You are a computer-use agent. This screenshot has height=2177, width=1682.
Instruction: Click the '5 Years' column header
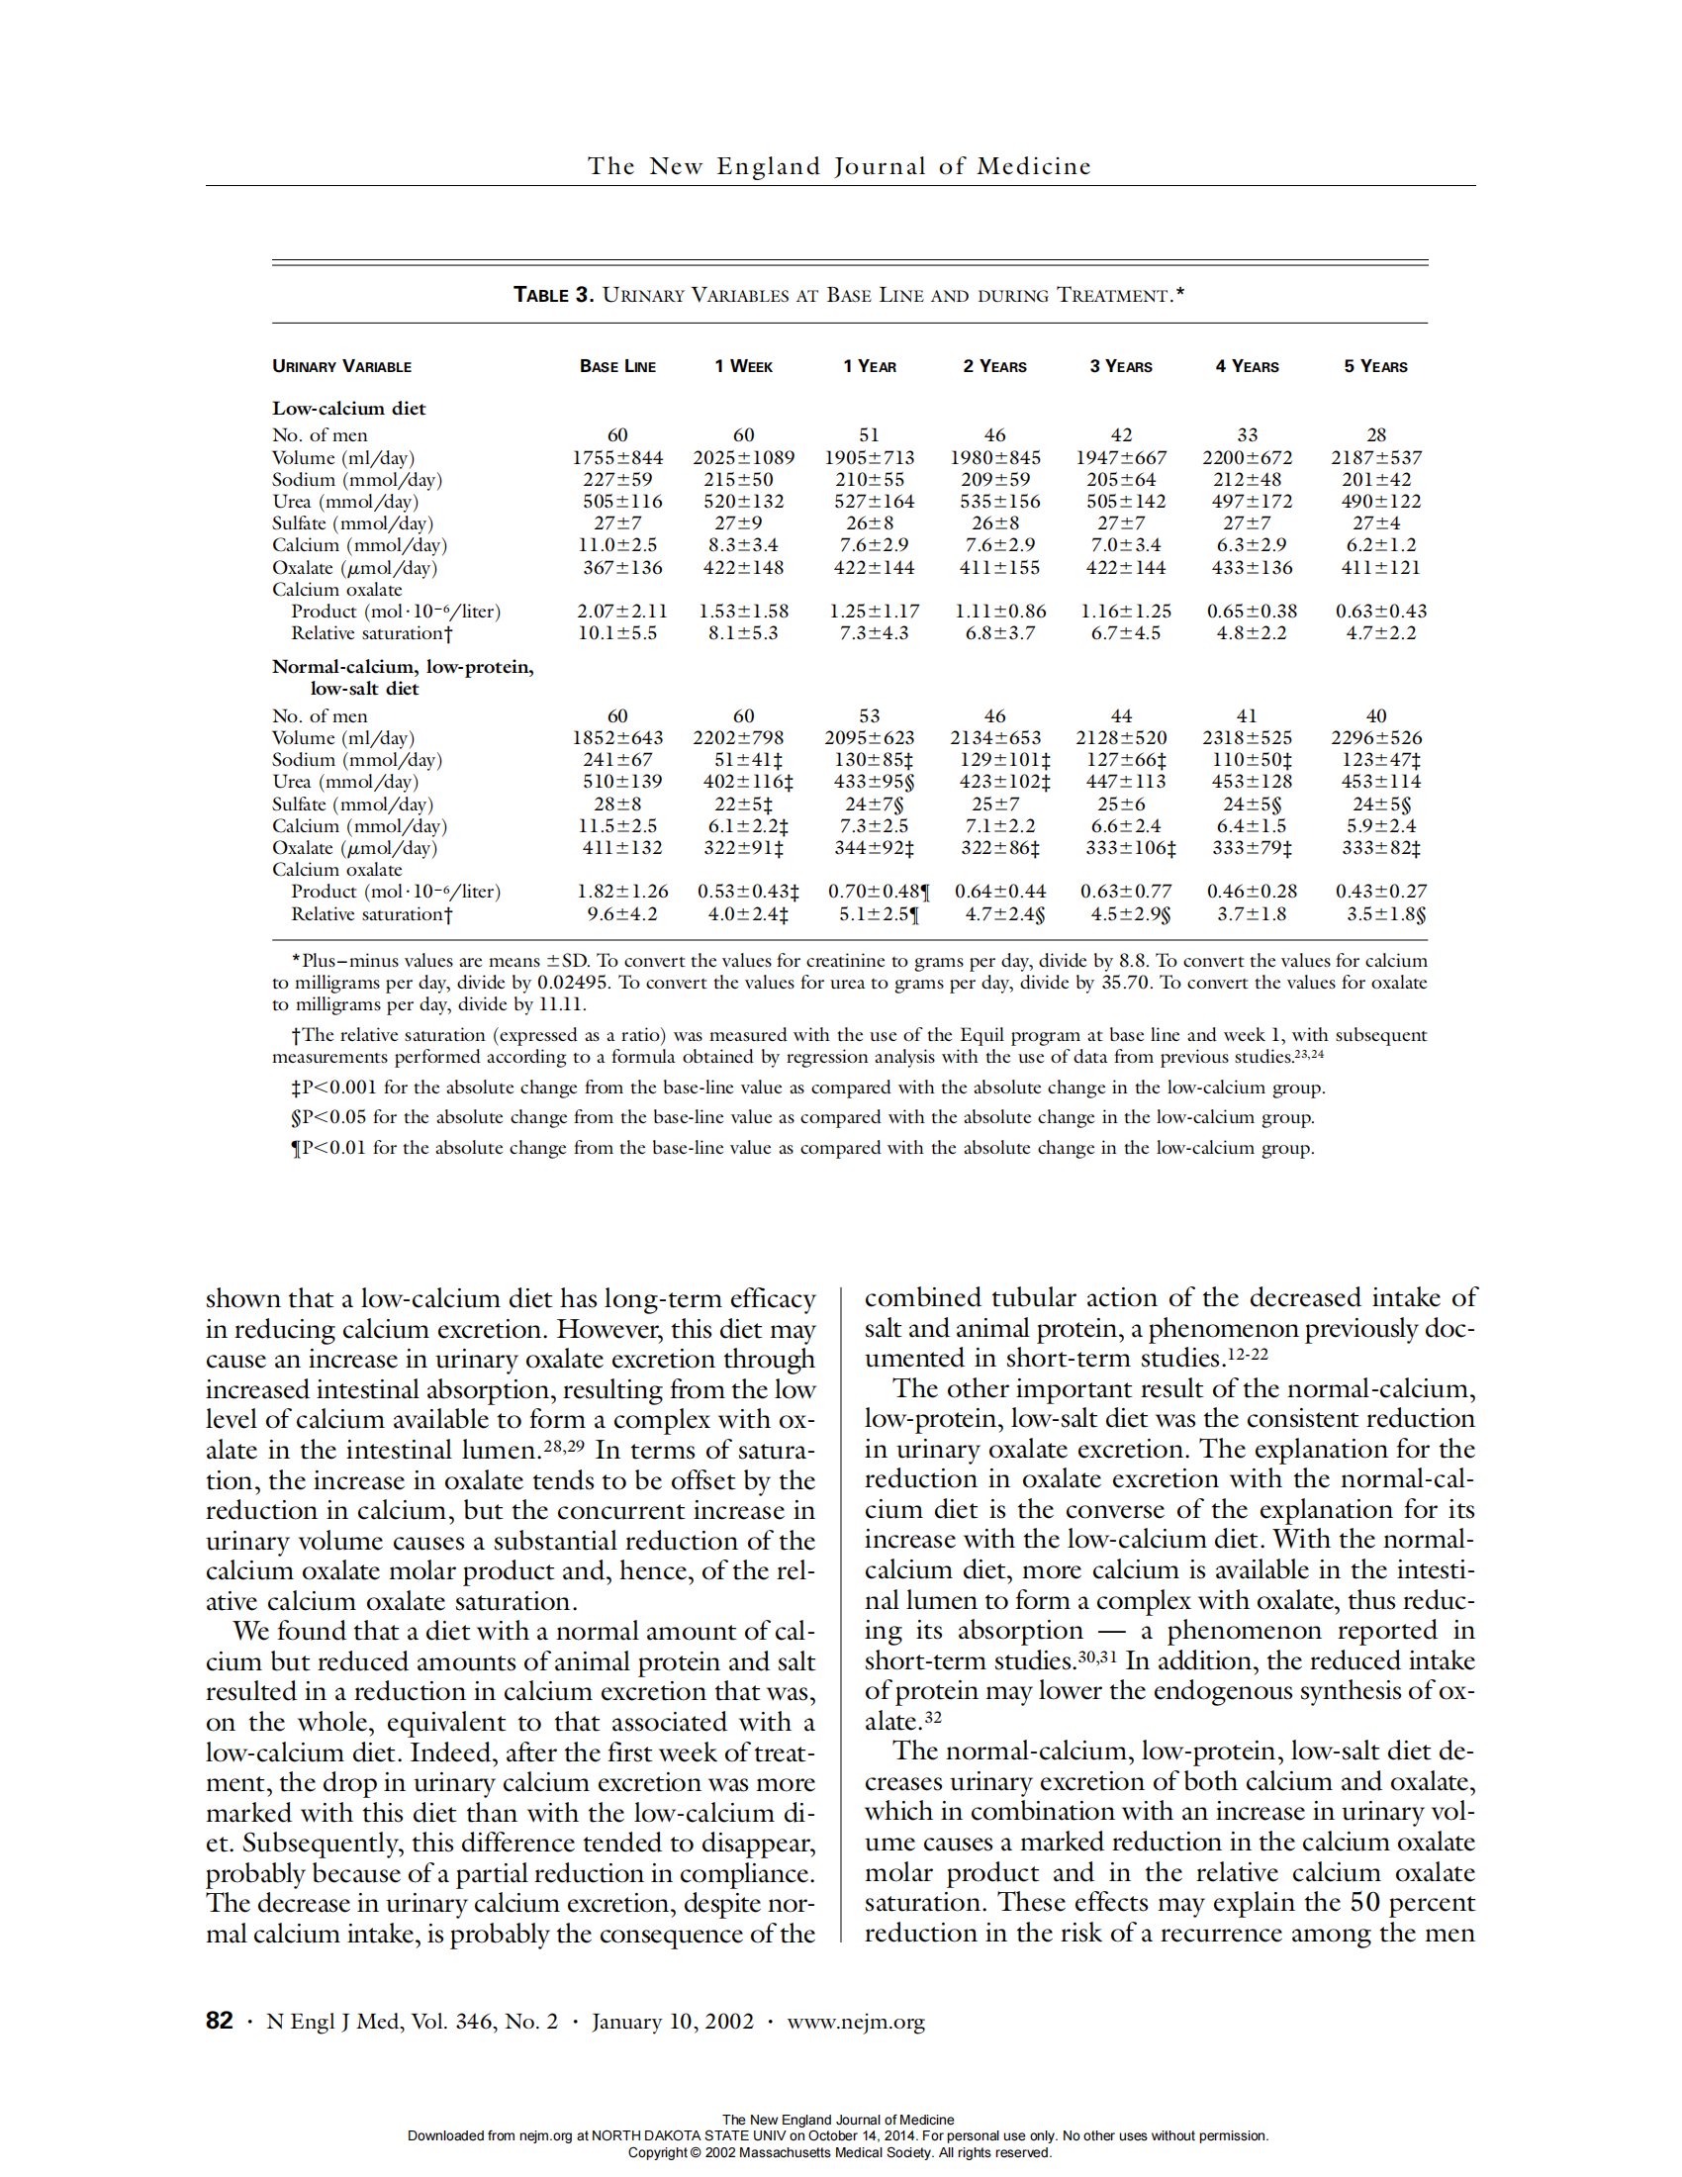(x=1375, y=367)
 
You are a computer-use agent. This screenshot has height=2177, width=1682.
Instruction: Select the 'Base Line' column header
(x=617, y=367)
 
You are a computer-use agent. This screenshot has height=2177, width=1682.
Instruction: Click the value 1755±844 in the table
(x=617, y=457)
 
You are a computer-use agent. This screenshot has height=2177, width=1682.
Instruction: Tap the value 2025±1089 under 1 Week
(x=743, y=457)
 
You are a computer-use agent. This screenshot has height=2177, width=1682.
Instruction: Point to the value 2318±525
(x=1247, y=737)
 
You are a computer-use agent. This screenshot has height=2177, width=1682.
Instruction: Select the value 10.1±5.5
(x=617, y=633)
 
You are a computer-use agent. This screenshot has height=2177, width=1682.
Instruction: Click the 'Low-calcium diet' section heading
(x=348, y=409)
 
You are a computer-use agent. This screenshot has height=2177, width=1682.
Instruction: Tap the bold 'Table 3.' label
(x=553, y=295)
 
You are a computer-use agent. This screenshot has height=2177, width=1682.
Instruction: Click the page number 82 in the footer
(x=220, y=2021)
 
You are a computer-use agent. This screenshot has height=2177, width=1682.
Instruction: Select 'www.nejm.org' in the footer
(x=855, y=2022)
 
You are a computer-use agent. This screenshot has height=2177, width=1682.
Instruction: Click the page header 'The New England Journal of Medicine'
(x=839, y=166)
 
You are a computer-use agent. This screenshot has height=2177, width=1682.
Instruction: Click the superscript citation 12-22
(x=1248, y=1354)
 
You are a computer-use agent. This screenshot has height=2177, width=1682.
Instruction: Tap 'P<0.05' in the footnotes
(x=334, y=1117)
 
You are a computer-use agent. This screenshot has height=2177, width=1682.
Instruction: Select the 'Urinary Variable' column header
(x=341, y=367)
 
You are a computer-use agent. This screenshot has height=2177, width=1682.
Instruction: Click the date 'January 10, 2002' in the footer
(x=673, y=2022)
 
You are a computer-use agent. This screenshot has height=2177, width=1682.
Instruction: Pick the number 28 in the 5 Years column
(x=1376, y=434)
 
